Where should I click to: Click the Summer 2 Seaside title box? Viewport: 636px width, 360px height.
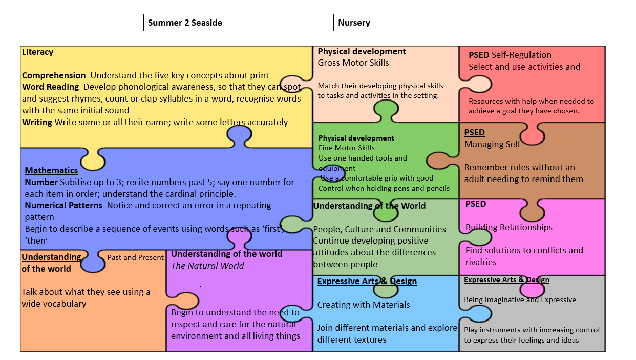click(235, 23)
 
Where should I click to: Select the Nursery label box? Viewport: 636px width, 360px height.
click(377, 23)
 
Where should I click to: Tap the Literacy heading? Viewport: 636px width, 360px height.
click(37, 52)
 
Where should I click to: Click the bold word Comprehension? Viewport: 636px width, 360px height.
click(54, 75)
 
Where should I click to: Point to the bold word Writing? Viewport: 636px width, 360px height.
click(37, 122)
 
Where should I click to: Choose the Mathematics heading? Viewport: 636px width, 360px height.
click(51, 170)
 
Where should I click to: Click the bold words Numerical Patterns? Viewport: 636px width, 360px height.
click(63, 205)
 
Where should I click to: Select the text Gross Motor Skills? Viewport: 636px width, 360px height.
click(353, 63)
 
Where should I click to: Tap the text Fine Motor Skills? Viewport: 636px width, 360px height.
click(346, 148)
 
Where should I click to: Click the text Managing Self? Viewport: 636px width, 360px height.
click(492, 145)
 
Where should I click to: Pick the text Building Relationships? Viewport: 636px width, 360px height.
click(509, 227)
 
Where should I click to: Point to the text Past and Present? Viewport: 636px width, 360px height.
click(135, 257)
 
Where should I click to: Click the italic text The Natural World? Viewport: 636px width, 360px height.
click(207, 266)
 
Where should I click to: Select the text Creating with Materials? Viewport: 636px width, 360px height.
click(364, 305)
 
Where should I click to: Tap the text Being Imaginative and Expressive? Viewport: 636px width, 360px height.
click(520, 299)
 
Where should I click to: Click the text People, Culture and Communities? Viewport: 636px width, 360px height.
click(379, 229)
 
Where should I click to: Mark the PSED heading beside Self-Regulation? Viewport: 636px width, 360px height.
click(479, 55)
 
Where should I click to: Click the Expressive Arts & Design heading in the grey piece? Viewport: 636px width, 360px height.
click(506, 280)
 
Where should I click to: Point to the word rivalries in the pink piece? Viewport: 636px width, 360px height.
click(481, 262)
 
